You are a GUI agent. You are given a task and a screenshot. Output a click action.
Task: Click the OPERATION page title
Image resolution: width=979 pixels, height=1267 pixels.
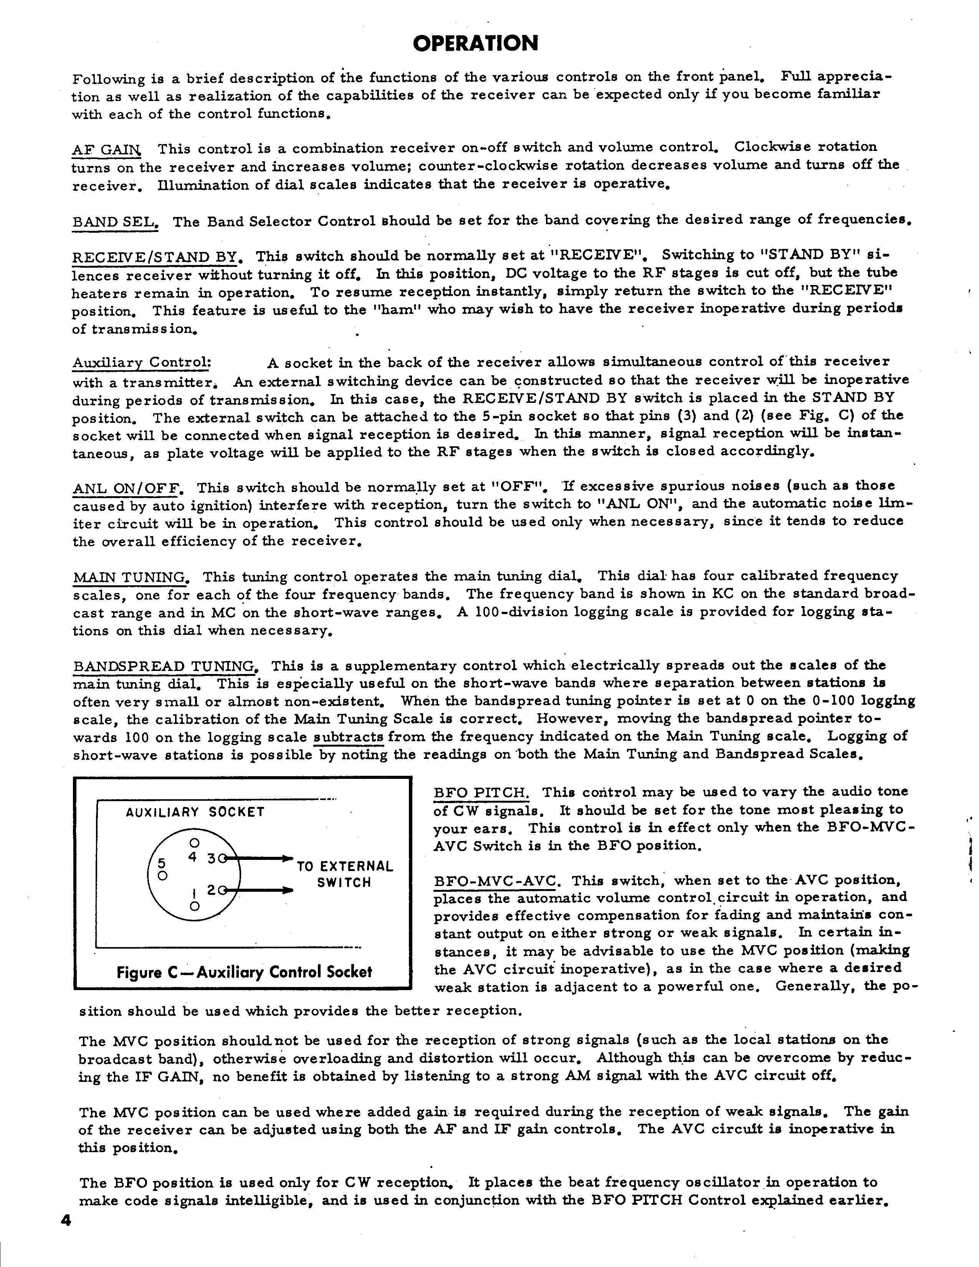[x=476, y=43]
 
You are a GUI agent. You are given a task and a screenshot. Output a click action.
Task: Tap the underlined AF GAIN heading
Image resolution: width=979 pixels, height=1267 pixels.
[x=106, y=150]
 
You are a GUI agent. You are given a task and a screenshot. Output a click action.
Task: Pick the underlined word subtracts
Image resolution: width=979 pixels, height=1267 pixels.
[x=349, y=737]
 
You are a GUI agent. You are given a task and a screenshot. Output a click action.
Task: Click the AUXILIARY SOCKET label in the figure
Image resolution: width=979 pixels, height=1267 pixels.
[x=195, y=812]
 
